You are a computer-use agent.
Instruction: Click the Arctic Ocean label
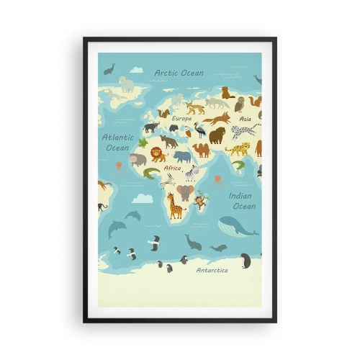coord(179,73)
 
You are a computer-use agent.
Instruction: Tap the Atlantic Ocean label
coord(117,142)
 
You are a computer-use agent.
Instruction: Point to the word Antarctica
coord(212,270)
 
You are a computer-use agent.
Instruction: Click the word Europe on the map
coord(181,117)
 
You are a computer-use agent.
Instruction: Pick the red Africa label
coord(172,168)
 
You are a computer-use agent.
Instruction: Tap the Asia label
coord(246,119)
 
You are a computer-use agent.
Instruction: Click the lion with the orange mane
coord(158,154)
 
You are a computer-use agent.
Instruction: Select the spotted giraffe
coord(175,206)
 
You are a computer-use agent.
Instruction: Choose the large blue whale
coord(235,226)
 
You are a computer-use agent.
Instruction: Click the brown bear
coord(217,135)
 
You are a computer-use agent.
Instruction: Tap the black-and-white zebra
coord(191,173)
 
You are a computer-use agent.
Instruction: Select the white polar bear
coord(127,85)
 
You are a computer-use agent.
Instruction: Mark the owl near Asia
coord(240,104)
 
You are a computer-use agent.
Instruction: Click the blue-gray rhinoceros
coord(182,156)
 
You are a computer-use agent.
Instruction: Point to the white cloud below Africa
coord(142,197)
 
